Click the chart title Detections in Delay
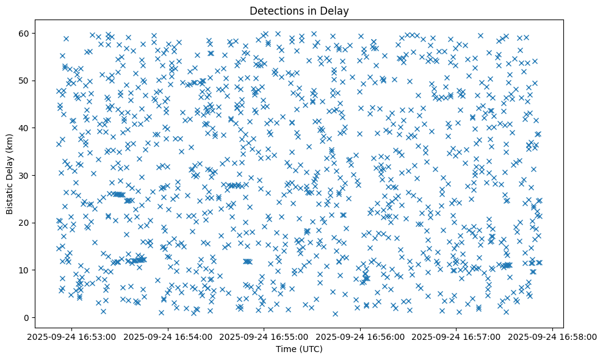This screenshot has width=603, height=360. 295,10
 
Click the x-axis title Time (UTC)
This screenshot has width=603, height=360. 295,349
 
